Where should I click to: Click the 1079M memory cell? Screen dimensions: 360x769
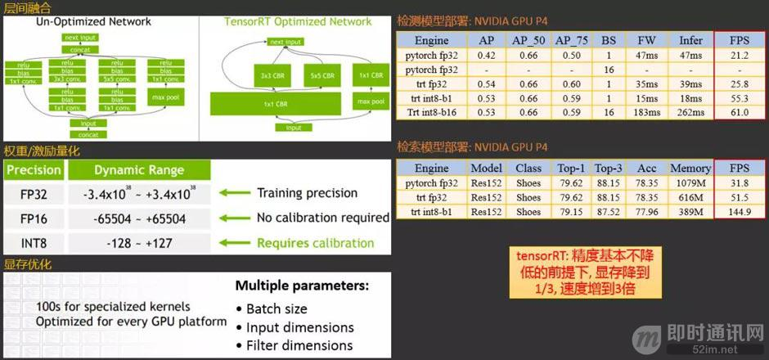click(690, 182)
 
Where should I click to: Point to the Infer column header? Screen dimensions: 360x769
click(690, 40)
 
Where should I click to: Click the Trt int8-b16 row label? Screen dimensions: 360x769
click(432, 112)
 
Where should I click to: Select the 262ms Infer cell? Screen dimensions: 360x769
click(690, 112)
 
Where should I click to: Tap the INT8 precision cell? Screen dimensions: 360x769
click(34, 243)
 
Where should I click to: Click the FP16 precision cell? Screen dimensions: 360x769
click(34, 218)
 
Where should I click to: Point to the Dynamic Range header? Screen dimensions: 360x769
click(139, 171)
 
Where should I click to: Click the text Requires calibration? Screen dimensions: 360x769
click(315, 243)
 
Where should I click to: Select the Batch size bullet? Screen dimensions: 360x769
click(277, 308)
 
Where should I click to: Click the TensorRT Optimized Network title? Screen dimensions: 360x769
click(298, 21)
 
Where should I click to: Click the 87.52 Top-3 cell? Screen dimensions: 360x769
click(608, 212)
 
